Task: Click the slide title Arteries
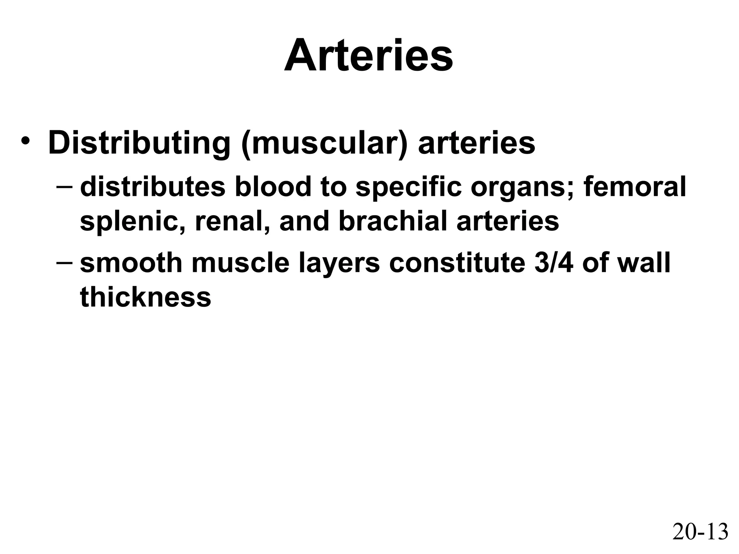point(368,56)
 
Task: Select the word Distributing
point(139,144)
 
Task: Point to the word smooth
point(131,263)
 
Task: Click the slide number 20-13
point(700,532)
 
